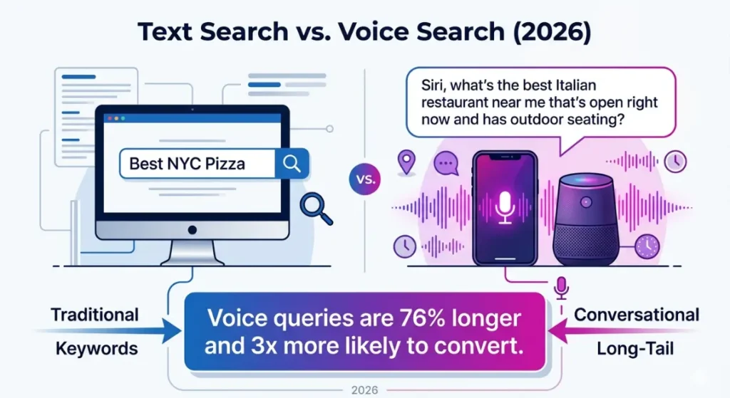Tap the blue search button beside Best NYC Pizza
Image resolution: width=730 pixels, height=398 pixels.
click(292, 163)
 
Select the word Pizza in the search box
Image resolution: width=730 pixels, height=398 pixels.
click(225, 164)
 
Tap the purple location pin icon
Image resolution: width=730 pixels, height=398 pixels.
click(407, 161)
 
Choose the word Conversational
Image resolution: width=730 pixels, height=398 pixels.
click(637, 314)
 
